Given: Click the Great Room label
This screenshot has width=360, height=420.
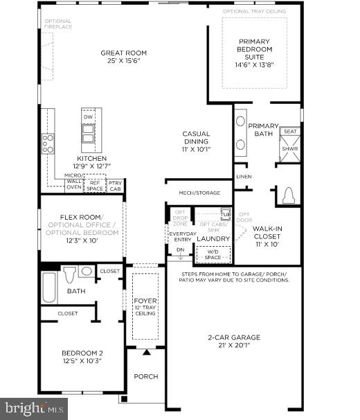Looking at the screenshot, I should point(123,53).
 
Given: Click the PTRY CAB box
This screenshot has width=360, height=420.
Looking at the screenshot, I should point(115,185).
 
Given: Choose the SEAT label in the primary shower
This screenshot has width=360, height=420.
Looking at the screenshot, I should point(290,132).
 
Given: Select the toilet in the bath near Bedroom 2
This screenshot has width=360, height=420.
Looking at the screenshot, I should point(69,275).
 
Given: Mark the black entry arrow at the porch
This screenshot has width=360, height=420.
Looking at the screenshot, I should point(146,353).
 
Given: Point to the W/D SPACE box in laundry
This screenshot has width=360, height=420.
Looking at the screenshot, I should point(213,254).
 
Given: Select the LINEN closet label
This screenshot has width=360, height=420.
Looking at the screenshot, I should point(244,177).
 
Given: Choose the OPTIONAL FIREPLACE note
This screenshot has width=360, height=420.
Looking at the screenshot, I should point(57,24).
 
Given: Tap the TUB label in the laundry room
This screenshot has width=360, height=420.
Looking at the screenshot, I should point(225,213).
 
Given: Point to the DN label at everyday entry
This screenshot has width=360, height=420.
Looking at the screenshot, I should point(180,250).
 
